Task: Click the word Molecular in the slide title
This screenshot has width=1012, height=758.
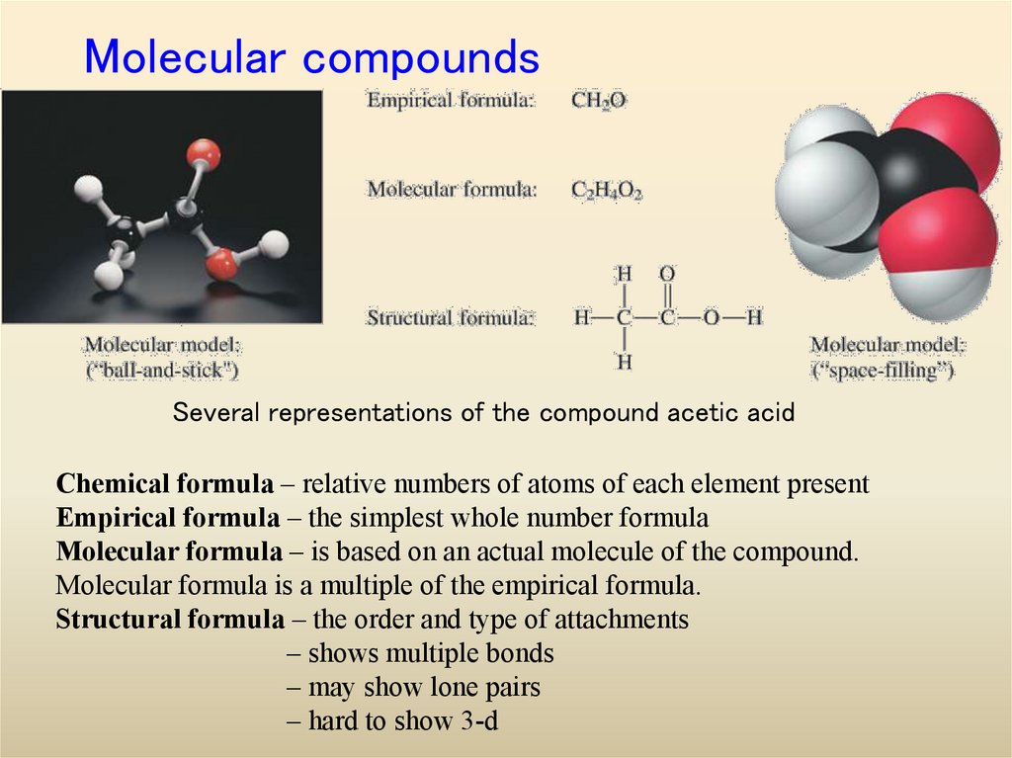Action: click(188, 57)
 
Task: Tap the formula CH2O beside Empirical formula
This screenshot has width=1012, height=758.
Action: click(598, 100)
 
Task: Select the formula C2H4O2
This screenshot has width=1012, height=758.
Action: click(607, 190)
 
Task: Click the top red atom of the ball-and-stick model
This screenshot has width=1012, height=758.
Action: click(204, 154)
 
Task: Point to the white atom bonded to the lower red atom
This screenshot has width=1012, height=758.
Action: click(275, 242)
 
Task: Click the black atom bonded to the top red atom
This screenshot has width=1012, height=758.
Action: click(184, 213)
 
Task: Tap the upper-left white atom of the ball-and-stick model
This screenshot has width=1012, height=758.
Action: click(89, 187)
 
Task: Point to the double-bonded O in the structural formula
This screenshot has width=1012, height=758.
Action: click(667, 273)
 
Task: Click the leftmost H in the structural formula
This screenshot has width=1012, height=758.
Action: click(582, 318)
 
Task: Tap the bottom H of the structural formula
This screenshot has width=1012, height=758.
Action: click(625, 363)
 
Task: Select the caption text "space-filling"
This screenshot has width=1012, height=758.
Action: click(883, 371)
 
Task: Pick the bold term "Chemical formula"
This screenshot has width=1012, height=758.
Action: click(165, 484)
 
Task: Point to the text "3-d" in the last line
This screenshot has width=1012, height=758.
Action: click(479, 721)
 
